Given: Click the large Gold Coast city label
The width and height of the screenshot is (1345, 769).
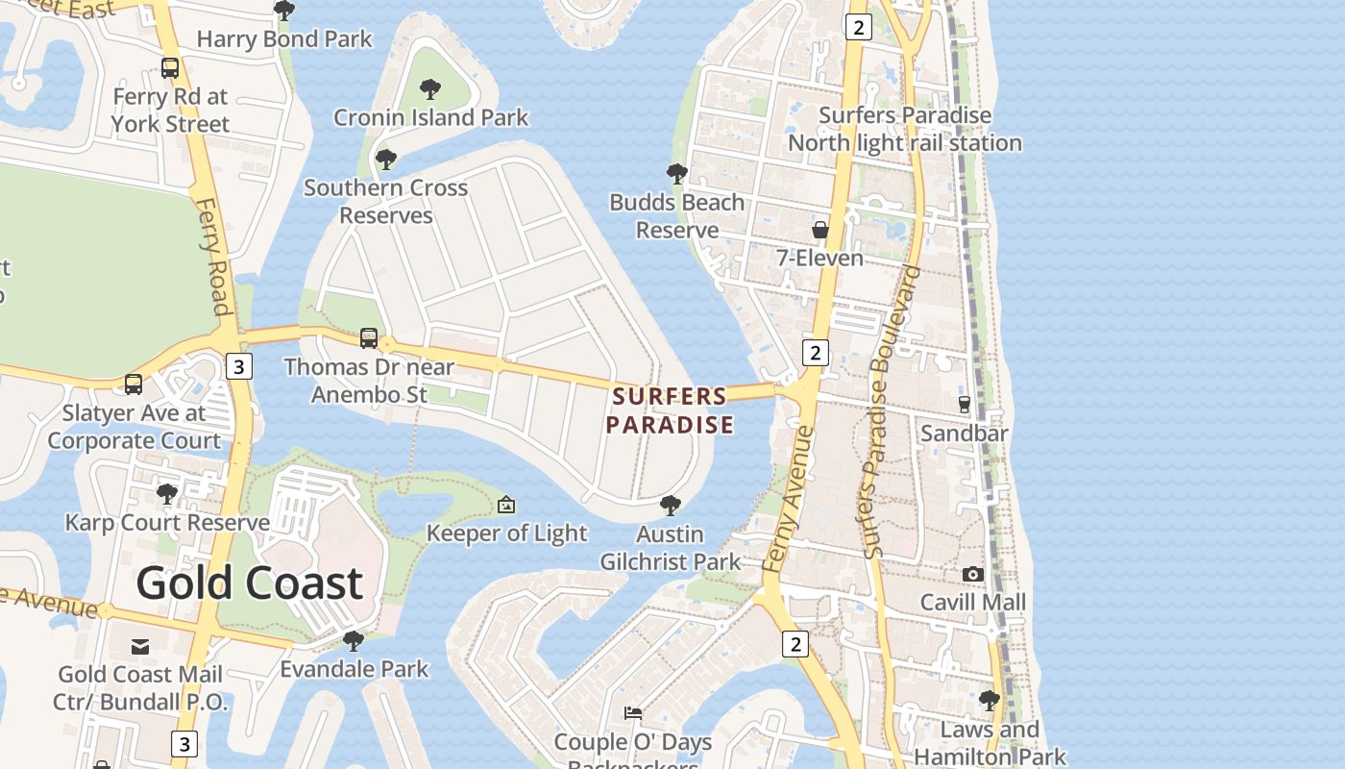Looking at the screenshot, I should pyautogui.click(x=249, y=583).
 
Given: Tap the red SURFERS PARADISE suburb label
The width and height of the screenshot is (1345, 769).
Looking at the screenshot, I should pyautogui.click(x=671, y=410).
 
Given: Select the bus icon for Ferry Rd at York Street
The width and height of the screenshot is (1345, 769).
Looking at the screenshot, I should pyautogui.click(x=170, y=68).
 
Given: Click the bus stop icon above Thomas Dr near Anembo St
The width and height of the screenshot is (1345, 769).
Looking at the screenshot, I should pyautogui.click(x=369, y=337).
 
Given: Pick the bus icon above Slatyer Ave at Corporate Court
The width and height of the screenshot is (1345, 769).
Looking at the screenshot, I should pyautogui.click(x=134, y=384).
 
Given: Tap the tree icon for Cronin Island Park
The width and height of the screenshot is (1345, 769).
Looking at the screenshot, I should pyautogui.click(x=430, y=89).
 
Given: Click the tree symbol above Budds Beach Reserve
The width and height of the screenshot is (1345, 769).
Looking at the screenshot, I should pyautogui.click(x=676, y=174).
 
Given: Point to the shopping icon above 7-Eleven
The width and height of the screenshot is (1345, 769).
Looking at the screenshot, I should pyautogui.click(x=819, y=230).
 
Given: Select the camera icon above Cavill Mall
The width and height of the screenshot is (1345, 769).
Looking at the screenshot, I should pyautogui.click(x=972, y=574).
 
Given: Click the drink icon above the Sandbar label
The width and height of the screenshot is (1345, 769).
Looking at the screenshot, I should pyautogui.click(x=965, y=404).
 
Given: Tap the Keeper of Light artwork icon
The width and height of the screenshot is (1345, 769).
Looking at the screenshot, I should pyautogui.click(x=506, y=505).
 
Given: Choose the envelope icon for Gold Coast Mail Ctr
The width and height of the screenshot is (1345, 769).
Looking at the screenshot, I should pyautogui.click(x=140, y=646).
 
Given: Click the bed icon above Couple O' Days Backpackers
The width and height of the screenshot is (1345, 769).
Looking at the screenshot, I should pyautogui.click(x=633, y=713).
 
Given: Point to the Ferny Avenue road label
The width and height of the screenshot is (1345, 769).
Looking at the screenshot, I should pyautogui.click(x=789, y=500).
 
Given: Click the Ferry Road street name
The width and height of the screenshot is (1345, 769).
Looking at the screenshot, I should pyautogui.click(x=213, y=257).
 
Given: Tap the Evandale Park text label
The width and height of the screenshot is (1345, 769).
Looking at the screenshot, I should pyautogui.click(x=354, y=669).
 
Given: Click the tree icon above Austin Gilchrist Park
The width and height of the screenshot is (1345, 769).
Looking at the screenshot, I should pyautogui.click(x=671, y=505).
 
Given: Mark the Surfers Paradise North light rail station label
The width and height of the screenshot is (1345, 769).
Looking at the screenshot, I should pyautogui.click(x=904, y=129).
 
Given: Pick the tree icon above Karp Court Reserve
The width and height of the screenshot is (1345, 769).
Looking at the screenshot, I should pyautogui.click(x=167, y=494).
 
